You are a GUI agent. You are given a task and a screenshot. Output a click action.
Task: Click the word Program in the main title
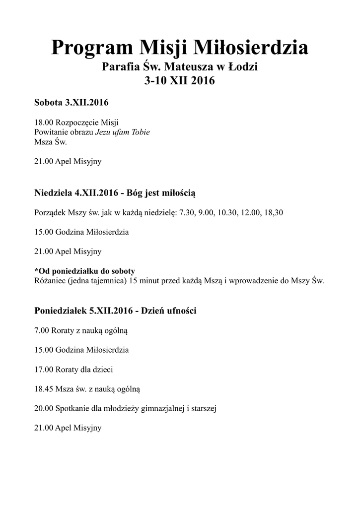tap(91, 49)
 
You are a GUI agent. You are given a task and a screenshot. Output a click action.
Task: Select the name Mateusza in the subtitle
tap(191, 66)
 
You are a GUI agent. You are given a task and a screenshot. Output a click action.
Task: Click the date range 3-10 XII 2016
tap(179, 81)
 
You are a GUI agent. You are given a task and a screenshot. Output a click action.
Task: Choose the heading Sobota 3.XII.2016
tap(72, 103)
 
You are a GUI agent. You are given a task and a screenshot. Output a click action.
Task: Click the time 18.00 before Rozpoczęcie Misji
tap(44, 123)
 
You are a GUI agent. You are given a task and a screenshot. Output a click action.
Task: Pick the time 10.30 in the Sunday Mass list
tap(227, 212)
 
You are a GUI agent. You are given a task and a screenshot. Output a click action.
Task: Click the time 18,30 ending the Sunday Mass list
tap(273, 212)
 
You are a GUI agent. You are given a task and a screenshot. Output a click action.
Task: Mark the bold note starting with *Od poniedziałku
tap(85, 271)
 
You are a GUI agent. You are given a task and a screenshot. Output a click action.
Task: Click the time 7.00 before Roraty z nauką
tap(42, 330)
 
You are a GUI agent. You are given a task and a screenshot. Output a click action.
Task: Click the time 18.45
tap(44, 389)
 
